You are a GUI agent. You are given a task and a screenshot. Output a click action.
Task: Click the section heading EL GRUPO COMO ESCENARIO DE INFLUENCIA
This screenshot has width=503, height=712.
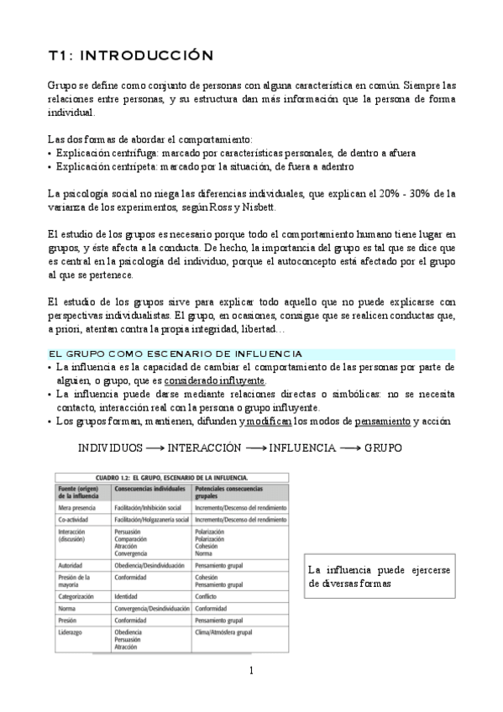175,354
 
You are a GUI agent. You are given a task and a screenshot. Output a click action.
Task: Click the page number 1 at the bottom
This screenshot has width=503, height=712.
251,670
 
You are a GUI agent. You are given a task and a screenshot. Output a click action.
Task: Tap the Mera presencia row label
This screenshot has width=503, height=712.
76,508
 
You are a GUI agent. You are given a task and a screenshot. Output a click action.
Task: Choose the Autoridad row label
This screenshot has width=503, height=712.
73,568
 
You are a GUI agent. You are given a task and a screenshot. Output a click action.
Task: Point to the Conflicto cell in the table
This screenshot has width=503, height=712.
208,597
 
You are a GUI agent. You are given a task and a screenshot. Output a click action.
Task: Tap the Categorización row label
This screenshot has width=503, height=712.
80,597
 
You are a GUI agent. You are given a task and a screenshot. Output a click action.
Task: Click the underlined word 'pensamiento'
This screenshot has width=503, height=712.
383,420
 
